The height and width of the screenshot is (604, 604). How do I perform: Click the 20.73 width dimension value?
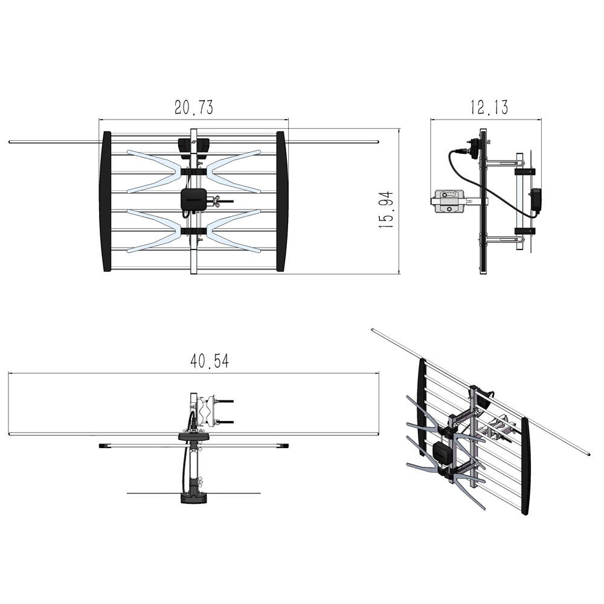(193, 108)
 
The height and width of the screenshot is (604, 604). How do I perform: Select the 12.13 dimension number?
(489, 108)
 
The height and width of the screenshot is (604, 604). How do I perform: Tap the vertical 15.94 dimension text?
(386, 209)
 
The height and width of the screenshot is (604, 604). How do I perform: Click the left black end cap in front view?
(106, 201)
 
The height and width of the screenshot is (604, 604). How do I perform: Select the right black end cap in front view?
(281, 201)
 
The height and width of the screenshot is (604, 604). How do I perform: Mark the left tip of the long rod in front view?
(11, 142)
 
